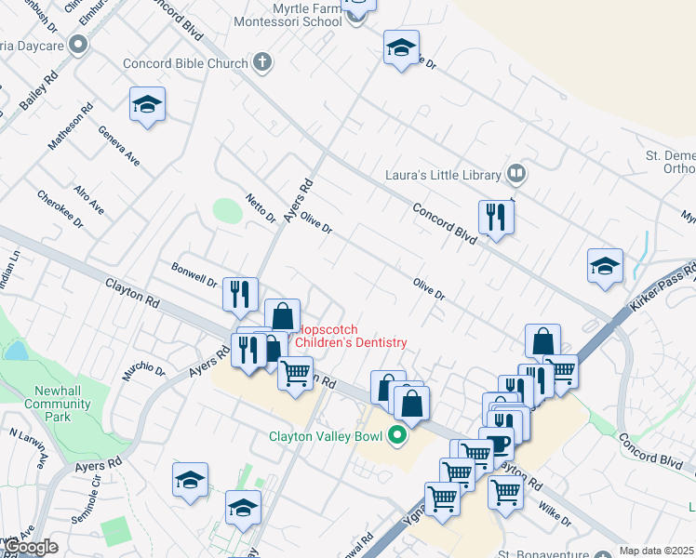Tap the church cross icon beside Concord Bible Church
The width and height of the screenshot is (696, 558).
click(262, 63)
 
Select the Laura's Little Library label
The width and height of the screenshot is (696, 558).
click(443, 173)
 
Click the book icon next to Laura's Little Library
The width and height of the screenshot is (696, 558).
click(515, 173)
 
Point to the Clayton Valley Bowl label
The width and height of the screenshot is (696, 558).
click(326, 435)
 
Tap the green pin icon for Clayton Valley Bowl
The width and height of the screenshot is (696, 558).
click(398, 434)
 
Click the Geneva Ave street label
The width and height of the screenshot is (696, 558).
click(118, 146)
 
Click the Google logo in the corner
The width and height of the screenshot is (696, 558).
click(31, 548)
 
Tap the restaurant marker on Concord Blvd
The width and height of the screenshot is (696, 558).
click(496, 219)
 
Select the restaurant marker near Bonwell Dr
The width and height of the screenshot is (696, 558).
click(240, 295)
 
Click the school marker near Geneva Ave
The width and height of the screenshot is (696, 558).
click(147, 105)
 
